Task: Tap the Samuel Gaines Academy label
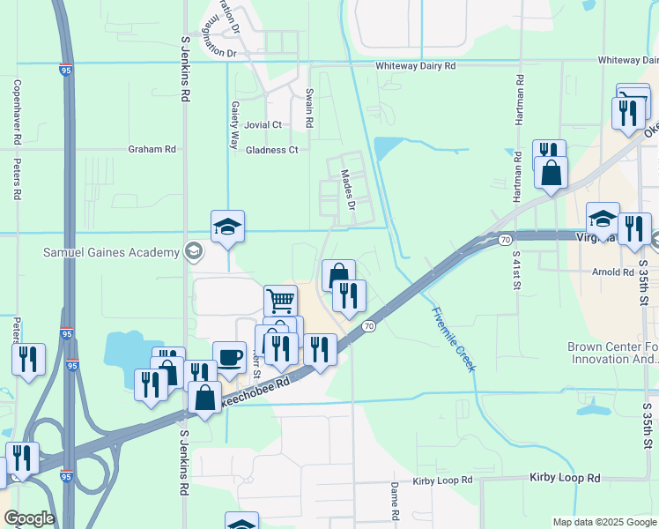[111, 253]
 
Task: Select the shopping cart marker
[280, 302]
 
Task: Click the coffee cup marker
[229, 357]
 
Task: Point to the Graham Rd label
[152, 149]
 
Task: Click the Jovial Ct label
[263, 125]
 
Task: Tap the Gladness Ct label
[271, 150]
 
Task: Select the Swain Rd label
[309, 108]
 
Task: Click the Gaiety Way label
[235, 123]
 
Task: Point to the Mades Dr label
[348, 190]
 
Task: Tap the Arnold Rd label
[613, 272]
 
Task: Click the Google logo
[29, 518]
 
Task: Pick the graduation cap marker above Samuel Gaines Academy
[227, 227]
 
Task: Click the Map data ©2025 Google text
[603, 522]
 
